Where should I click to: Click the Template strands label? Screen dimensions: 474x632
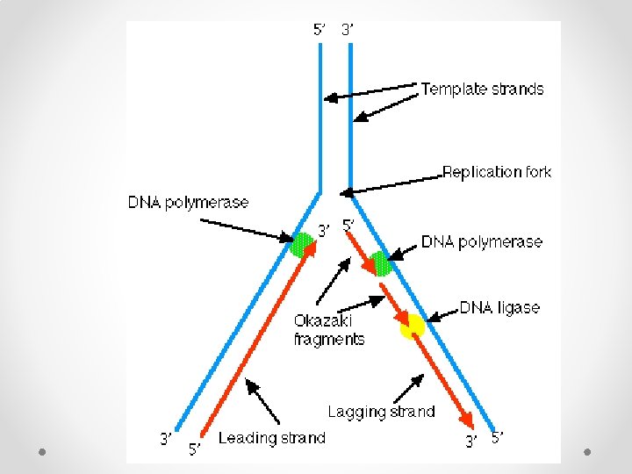pyautogui.click(x=482, y=89)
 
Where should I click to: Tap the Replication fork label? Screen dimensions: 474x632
pyautogui.click(x=496, y=172)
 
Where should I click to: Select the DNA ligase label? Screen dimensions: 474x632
pyautogui.click(x=499, y=308)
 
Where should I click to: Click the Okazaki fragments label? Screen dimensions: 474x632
pyautogui.click(x=328, y=330)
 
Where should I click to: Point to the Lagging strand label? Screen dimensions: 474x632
pyautogui.click(x=381, y=411)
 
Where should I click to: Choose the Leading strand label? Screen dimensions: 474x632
pyautogui.click(x=271, y=438)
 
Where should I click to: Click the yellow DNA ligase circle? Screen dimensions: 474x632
pyautogui.click(x=412, y=327)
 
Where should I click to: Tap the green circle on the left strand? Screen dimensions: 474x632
pyautogui.click(x=302, y=243)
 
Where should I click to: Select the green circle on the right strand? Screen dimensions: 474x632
pyautogui.click(x=380, y=262)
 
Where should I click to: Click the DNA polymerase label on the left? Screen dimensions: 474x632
pyautogui.click(x=189, y=203)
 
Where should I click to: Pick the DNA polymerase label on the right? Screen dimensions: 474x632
pyautogui.click(x=482, y=241)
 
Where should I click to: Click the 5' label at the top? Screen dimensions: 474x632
pyautogui.click(x=320, y=29)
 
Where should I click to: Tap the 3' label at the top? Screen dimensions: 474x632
pyautogui.click(x=348, y=29)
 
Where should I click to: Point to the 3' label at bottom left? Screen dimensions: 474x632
pyautogui.click(x=165, y=437)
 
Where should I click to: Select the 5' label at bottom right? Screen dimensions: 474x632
pyautogui.click(x=498, y=436)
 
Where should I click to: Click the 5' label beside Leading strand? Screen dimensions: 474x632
pyautogui.click(x=195, y=449)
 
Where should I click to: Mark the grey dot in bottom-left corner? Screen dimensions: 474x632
pyautogui.click(x=42, y=452)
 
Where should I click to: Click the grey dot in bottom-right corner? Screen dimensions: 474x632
pyautogui.click(x=588, y=452)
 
